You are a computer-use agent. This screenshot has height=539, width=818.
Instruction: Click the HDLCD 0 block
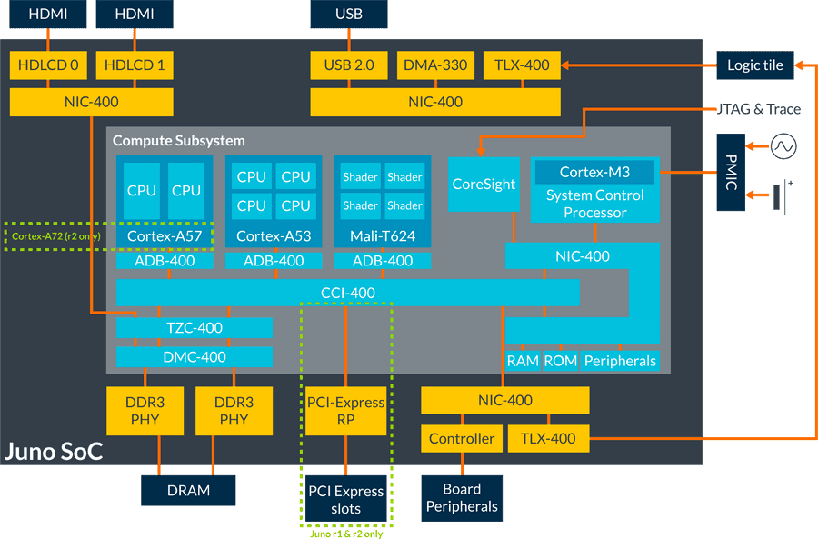point(48,65)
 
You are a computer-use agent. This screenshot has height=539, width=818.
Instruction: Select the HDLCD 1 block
point(135,65)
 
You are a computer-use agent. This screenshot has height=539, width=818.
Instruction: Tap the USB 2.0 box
point(349,65)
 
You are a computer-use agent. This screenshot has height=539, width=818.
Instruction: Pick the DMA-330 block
point(435,65)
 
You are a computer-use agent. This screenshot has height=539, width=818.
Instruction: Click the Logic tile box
point(755,65)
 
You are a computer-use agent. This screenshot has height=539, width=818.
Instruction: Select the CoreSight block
point(484,184)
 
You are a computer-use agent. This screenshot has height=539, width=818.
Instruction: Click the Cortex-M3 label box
point(594,172)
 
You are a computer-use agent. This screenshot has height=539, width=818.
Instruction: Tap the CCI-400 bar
point(348,293)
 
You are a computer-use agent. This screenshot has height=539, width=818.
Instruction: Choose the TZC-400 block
point(195,327)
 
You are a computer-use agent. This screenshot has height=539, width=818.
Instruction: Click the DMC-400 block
point(195,356)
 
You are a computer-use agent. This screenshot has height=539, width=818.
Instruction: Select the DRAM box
point(188,490)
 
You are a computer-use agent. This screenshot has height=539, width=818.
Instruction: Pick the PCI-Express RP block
point(345,411)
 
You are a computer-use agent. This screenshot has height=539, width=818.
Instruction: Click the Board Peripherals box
point(462,497)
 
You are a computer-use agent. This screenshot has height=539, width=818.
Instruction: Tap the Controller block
point(462,438)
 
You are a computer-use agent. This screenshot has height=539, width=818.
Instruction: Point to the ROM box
point(560,361)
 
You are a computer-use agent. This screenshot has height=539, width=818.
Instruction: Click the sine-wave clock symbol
point(783,145)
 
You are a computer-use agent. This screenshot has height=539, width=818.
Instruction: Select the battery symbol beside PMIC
point(780,193)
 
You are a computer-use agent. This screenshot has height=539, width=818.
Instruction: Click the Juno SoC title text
point(54,451)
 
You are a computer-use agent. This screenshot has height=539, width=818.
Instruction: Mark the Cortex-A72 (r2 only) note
point(56,237)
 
